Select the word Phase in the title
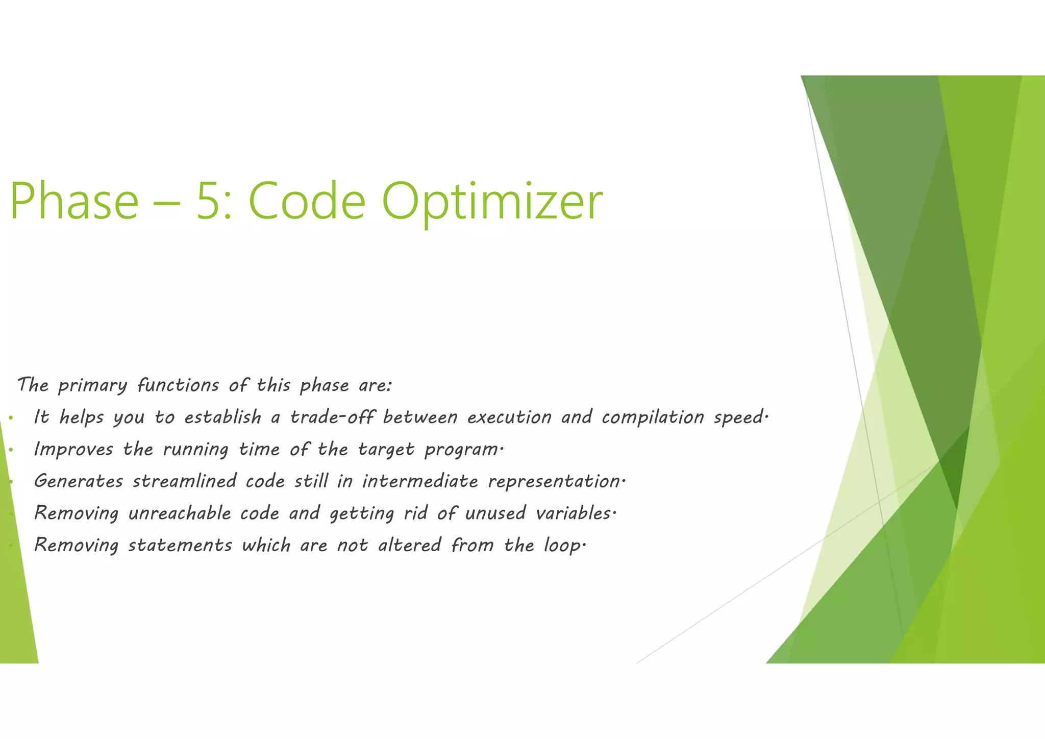click(74, 202)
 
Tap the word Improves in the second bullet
click(73, 450)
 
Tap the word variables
click(574, 513)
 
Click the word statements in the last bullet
click(180, 546)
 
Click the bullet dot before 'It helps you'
click(10, 419)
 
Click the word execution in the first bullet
click(509, 417)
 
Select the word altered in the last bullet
click(409, 546)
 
